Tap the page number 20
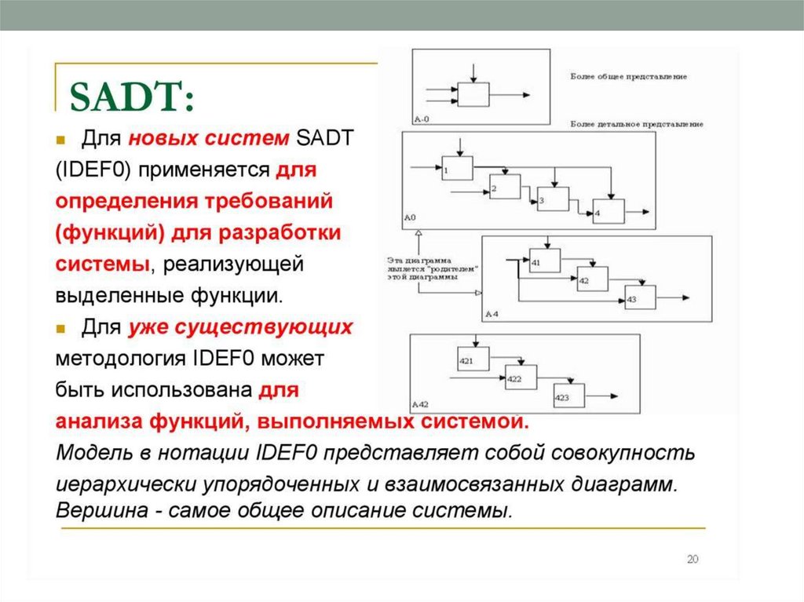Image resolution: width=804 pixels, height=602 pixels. coord(692,559)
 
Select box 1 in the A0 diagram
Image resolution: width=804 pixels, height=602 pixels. coord(456,168)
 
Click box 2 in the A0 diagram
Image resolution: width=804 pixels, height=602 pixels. coord(505,187)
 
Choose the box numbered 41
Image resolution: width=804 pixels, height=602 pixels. coord(545,260)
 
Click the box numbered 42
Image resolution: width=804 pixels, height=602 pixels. coord(592,278)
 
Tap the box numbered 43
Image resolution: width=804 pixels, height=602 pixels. coord(640,297)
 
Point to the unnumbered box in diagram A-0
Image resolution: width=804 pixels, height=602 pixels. coord(473,94)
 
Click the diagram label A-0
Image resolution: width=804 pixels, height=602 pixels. coord(421,118)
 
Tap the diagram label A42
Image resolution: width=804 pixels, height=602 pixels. coord(421,404)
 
